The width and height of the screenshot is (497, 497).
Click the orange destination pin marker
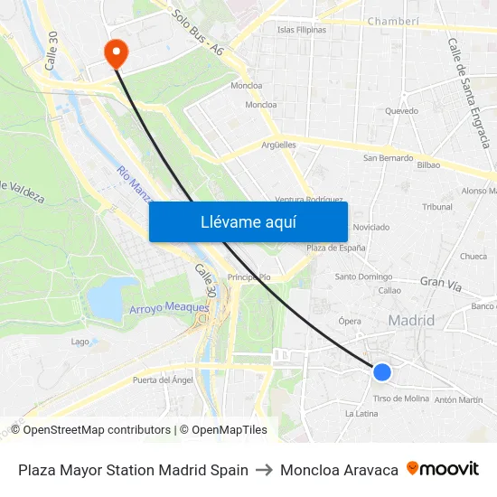116,52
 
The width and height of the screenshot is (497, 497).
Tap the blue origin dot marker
382,371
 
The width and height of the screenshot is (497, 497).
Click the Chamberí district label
394,21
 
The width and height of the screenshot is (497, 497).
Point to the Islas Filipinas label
302,30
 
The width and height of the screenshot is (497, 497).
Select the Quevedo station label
401,111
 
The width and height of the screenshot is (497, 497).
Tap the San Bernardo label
388,158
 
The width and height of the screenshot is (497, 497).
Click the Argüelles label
278,145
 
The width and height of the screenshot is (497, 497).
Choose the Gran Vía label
440,284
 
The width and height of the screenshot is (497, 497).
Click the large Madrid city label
411,320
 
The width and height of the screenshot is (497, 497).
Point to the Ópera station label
350,321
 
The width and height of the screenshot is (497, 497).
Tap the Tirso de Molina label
401,399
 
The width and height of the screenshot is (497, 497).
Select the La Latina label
361,414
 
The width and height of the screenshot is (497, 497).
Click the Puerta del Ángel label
163,380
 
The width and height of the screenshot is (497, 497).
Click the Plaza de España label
335,248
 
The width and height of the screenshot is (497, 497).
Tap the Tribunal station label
437,207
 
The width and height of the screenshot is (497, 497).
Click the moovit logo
443,469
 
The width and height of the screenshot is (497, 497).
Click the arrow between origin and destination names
264,470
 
